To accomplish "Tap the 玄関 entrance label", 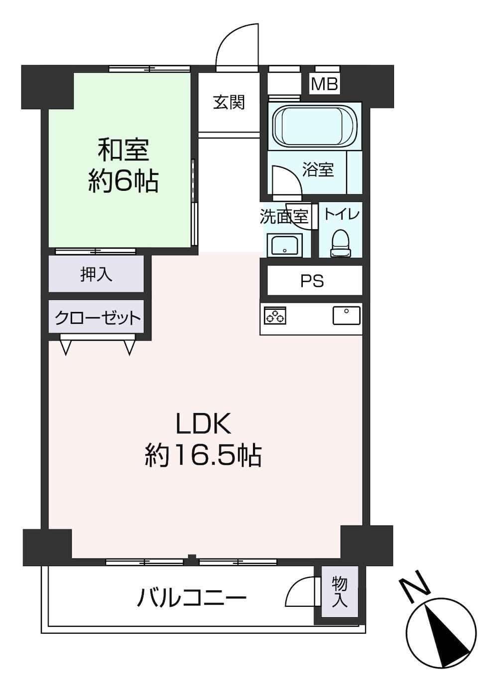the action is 229,102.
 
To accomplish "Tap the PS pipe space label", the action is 312,281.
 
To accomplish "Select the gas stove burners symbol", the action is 275,315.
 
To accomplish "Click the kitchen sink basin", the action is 347,315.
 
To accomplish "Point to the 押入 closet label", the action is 96,274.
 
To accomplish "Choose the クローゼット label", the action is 98,317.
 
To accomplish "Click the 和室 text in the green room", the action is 124,150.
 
